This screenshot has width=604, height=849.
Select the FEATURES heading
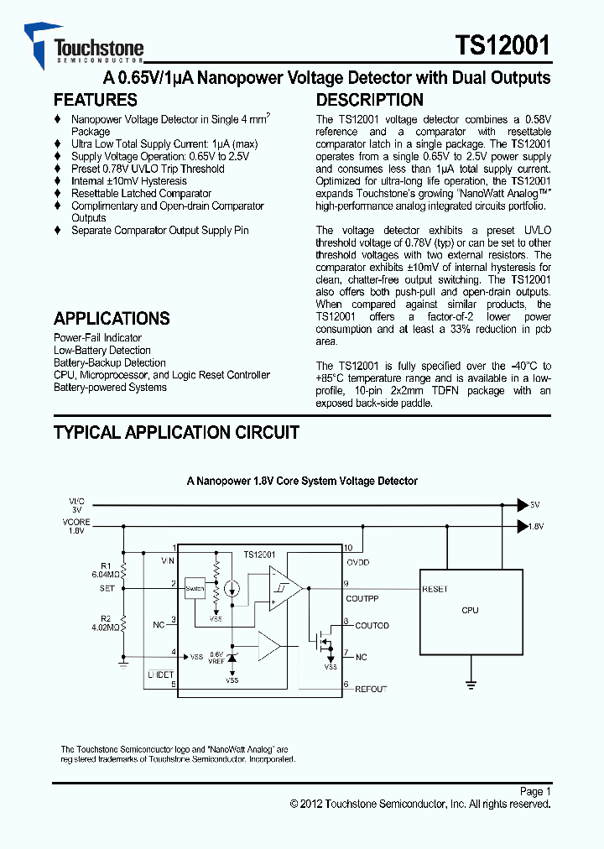point(96,100)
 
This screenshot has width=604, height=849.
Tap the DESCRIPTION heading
point(369,100)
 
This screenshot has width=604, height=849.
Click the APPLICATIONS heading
point(112,319)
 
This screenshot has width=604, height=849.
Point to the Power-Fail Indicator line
point(97,338)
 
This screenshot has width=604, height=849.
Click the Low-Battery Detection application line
point(102,351)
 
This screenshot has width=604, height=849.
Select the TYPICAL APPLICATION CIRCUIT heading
point(176,433)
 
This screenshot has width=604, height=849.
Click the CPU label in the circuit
point(470,610)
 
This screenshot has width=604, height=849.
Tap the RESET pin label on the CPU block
point(435,589)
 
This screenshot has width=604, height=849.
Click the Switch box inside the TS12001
point(195,588)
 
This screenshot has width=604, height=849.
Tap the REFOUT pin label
point(371,689)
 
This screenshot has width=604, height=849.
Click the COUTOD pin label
point(372,626)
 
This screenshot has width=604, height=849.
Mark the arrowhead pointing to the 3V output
point(522,505)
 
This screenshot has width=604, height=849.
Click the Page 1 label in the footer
point(535,791)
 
